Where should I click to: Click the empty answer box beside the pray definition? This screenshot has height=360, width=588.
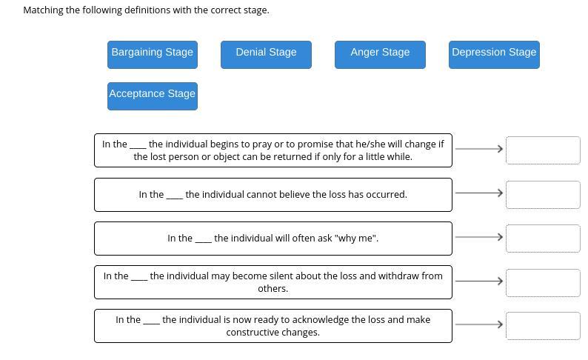point(543,150)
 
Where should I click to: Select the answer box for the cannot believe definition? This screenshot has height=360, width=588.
point(543,194)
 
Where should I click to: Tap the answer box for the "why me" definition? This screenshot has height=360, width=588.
point(543,239)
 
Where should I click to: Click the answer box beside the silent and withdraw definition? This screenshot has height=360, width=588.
point(543,282)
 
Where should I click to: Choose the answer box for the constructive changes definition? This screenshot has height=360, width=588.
point(543,326)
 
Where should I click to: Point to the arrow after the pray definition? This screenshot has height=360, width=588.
point(479,149)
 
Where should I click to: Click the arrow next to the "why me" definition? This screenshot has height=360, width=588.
point(479,237)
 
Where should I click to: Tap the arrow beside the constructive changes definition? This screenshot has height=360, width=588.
point(479,324)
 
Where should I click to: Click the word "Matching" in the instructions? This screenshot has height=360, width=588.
point(43,10)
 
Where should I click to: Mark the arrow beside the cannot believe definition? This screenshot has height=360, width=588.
point(479,193)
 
